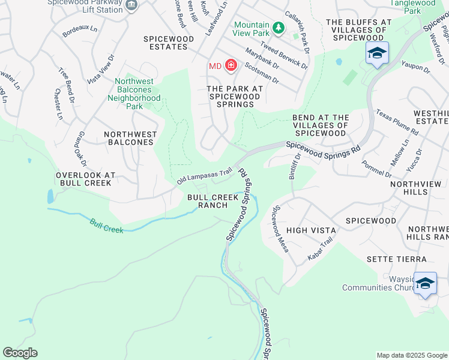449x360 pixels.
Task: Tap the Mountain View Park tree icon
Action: [278, 28]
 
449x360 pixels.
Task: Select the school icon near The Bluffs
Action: [376, 54]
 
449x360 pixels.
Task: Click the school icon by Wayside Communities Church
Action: [425, 283]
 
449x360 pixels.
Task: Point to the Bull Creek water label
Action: [106, 226]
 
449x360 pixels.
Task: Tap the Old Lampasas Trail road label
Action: [204, 176]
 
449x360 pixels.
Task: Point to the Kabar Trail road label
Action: [319, 249]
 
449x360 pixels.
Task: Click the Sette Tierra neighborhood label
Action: [397, 259]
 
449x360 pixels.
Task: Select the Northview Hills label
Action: [419, 188]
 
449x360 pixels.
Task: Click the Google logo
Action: [20, 353]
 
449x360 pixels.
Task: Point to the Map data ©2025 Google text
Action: [411, 355]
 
